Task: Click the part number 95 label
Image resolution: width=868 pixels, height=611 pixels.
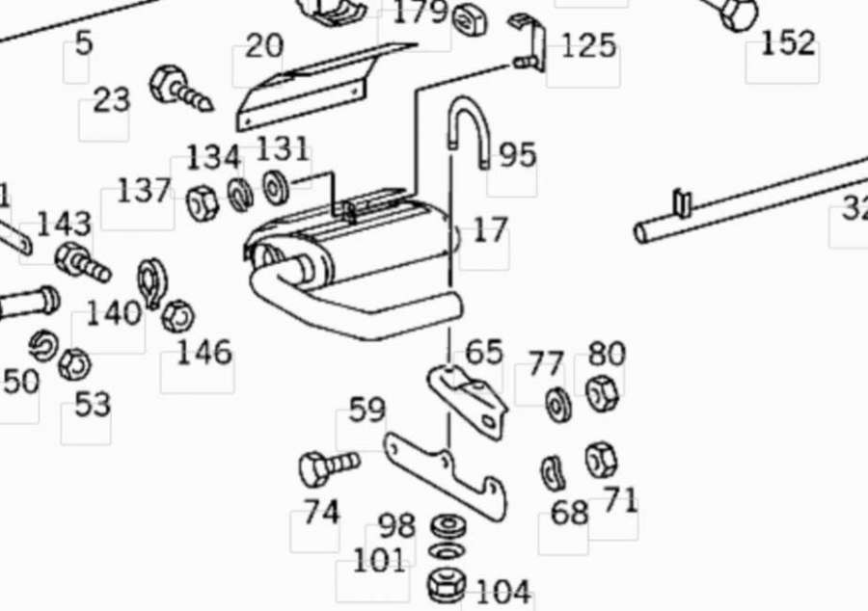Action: pos(517,155)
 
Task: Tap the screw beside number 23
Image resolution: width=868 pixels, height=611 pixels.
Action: pos(179,88)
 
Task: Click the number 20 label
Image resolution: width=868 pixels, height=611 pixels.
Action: pos(263,45)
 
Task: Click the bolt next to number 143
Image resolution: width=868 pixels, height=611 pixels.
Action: pos(81,261)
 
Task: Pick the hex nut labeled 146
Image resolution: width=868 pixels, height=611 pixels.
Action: pos(178,316)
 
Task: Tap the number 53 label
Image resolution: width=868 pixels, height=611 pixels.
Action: pos(92,405)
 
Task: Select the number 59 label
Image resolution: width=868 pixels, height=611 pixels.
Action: pos(366,411)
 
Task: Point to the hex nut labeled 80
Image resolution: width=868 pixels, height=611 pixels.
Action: pos(603,392)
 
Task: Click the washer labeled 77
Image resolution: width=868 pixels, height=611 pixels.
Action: pos(558,404)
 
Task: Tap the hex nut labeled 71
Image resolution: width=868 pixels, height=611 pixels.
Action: pos(601,461)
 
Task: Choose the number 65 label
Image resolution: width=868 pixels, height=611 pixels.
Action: pos(484,352)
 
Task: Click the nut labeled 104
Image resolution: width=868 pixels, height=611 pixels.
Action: pos(446,585)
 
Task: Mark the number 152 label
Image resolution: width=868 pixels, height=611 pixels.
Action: pos(788,43)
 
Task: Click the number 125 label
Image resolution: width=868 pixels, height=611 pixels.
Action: pos(587,45)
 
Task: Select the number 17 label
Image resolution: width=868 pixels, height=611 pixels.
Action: pos(489,229)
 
